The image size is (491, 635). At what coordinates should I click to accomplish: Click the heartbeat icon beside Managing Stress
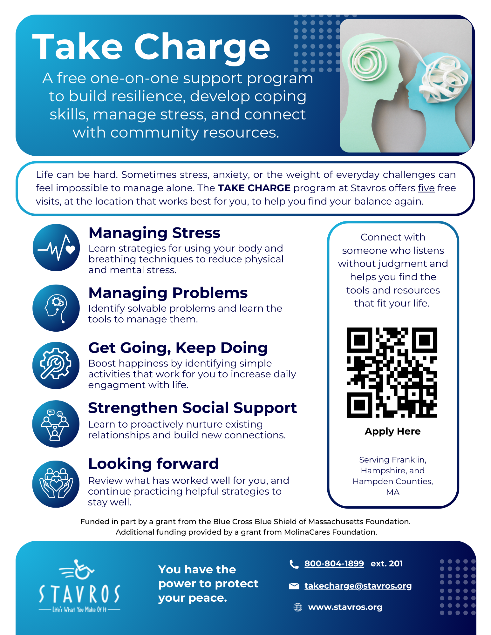[x=56, y=248]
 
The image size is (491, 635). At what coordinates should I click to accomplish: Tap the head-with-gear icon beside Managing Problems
[x=56, y=308]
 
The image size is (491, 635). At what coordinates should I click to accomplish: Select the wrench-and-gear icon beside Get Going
[x=56, y=365]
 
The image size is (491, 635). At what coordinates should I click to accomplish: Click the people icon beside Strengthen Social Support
[x=56, y=424]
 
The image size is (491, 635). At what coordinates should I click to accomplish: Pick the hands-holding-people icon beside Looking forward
[x=56, y=484]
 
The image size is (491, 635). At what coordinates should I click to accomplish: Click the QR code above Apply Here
[x=392, y=372]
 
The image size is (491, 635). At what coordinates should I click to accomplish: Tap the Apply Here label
[x=392, y=431]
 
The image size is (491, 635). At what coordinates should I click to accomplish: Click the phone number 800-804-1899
[x=334, y=564]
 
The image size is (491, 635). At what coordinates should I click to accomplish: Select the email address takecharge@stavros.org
[x=358, y=586]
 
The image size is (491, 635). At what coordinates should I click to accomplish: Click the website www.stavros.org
[x=345, y=607]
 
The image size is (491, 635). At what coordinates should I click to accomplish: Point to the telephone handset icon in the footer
[x=294, y=564]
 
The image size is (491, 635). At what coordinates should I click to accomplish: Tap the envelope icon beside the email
[x=294, y=586]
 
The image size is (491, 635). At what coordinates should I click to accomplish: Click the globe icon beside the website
[x=298, y=607]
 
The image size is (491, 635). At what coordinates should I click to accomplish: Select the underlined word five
[x=426, y=188]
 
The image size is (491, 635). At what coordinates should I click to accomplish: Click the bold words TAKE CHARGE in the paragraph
[x=254, y=188]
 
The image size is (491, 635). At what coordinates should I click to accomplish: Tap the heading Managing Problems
[x=168, y=293]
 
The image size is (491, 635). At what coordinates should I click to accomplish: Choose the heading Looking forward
[x=153, y=464]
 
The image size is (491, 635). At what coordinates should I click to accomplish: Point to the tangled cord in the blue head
[x=443, y=78]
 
